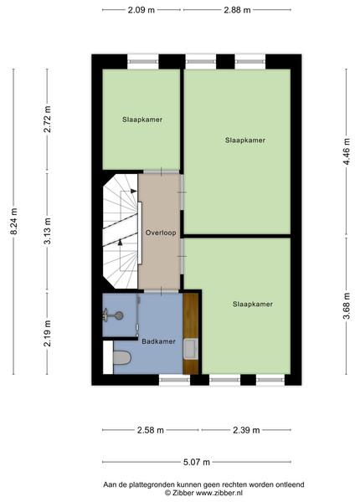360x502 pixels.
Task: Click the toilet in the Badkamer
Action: point(122,357)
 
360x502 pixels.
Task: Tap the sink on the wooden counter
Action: point(191,349)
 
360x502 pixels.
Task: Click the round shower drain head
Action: point(119,315)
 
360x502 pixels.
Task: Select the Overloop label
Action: point(161,233)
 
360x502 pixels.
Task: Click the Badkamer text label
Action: point(158,341)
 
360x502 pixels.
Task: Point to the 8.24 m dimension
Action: point(13,221)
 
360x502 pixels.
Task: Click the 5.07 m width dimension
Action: point(197,462)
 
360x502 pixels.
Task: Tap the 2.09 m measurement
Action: point(141,10)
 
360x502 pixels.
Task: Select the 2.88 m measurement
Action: point(237,10)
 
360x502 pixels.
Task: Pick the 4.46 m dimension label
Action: point(347,151)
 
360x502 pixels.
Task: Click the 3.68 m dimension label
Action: point(347,306)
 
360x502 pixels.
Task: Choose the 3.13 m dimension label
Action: point(47,231)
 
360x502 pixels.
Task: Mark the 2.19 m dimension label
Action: point(47,333)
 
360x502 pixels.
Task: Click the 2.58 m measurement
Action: point(151,430)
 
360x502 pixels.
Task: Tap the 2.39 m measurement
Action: point(246,430)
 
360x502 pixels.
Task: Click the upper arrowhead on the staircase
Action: point(134,191)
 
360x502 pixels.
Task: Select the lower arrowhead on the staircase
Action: point(120,243)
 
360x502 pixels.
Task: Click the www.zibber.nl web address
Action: point(219,493)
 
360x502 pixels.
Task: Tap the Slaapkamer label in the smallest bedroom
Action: point(142,120)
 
